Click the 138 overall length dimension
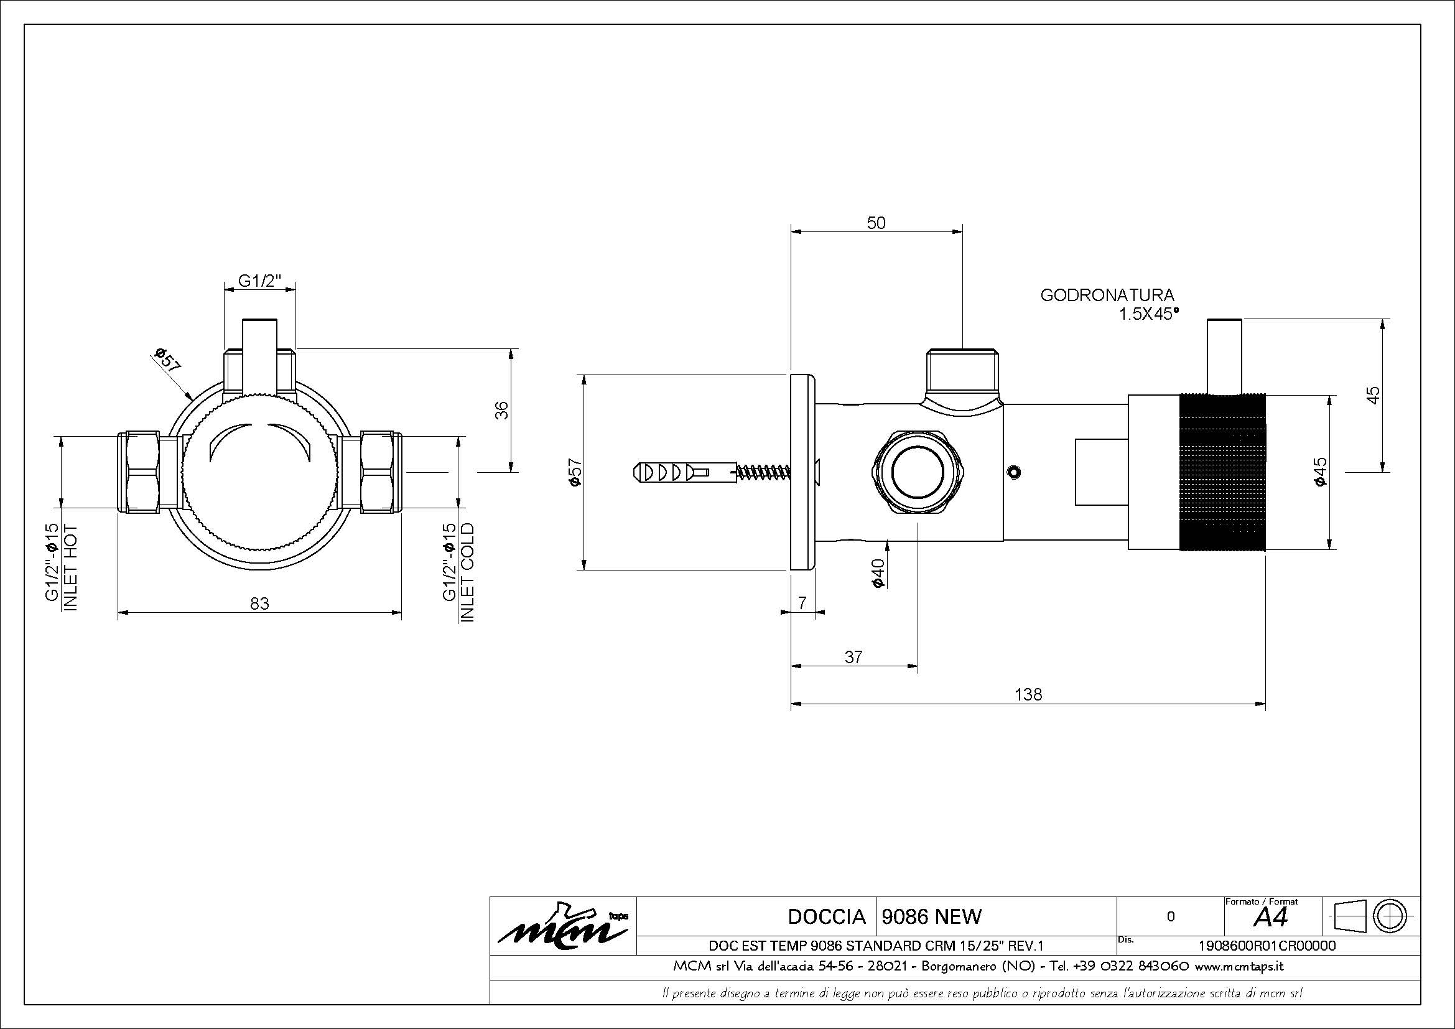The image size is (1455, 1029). pyautogui.click(x=1028, y=694)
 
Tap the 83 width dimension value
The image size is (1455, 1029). pyautogui.click(x=260, y=603)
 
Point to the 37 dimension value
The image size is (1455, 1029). pyautogui.click(x=853, y=657)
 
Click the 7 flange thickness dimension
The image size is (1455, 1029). pyautogui.click(x=802, y=603)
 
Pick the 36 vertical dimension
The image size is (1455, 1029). pyautogui.click(x=501, y=410)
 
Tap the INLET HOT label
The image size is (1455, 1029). pyautogui.click(x=70, y=568)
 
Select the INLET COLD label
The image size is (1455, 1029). pyautogui.click(x=467, y=572)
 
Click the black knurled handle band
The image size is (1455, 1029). pyautogui.click(x=1222, y=472)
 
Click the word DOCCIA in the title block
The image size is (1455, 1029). pyautogui.click(x=826, y=916)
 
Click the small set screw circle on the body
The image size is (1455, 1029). pyautogui.click(x=1014, y=472)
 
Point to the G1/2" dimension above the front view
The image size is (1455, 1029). pyautogui.click(x=259, y=280)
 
